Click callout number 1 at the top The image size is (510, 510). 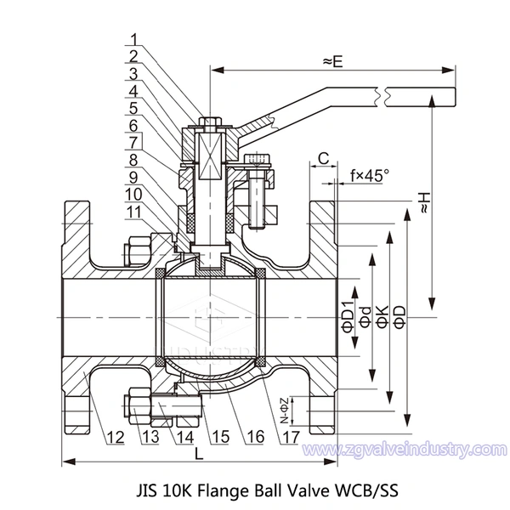pyautogui.click(x=135, y=39)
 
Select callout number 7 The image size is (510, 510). pyautogui.click(x=135, y=140)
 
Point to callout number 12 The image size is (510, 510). pyautogui.click(x=115, y=438)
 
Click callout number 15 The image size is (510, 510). pyautogui.click(x=221, y=438)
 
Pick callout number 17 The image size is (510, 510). pyautogui.click(x=292, y=438)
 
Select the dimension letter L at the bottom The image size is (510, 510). pyautogui.click(x=199, y=454)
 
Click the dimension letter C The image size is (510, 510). pyautogui.click(x=324, y=157)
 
